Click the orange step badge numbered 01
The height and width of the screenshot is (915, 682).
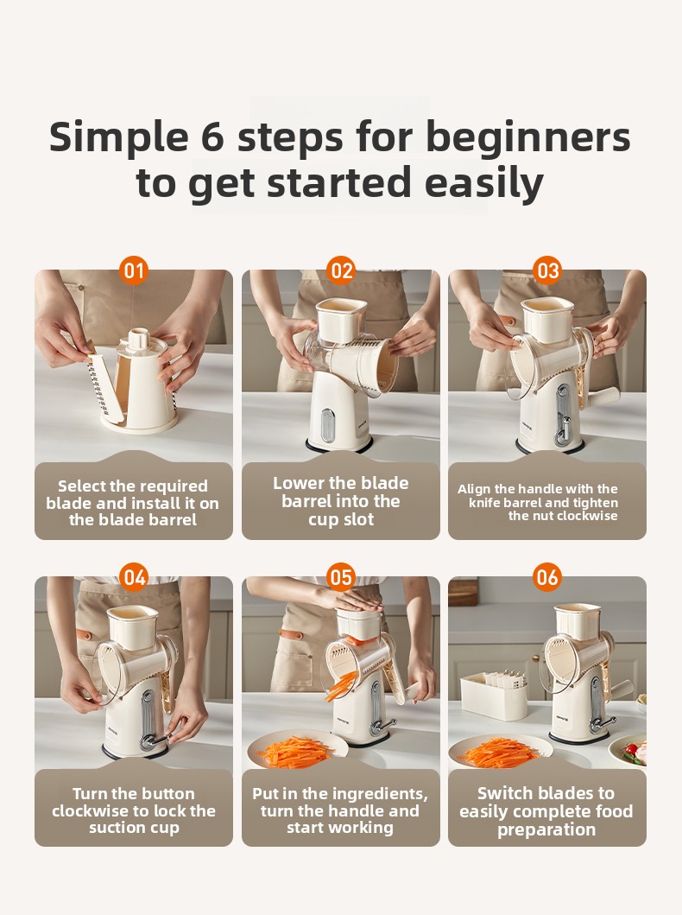[134, 270]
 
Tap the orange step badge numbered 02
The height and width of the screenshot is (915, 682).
[341, 270]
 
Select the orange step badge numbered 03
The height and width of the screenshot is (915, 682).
[547, 270]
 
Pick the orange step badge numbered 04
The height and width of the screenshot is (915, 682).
[134, 577]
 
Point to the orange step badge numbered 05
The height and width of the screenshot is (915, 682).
[341, 577]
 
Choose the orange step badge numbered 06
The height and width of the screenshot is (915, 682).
[547, 577]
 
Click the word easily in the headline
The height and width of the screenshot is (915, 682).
[483, 184]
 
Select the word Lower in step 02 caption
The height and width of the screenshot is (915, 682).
[299, 483]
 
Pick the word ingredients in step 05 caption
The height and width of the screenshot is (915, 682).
[381, 794]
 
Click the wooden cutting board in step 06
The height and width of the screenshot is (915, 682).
[463, 593]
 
